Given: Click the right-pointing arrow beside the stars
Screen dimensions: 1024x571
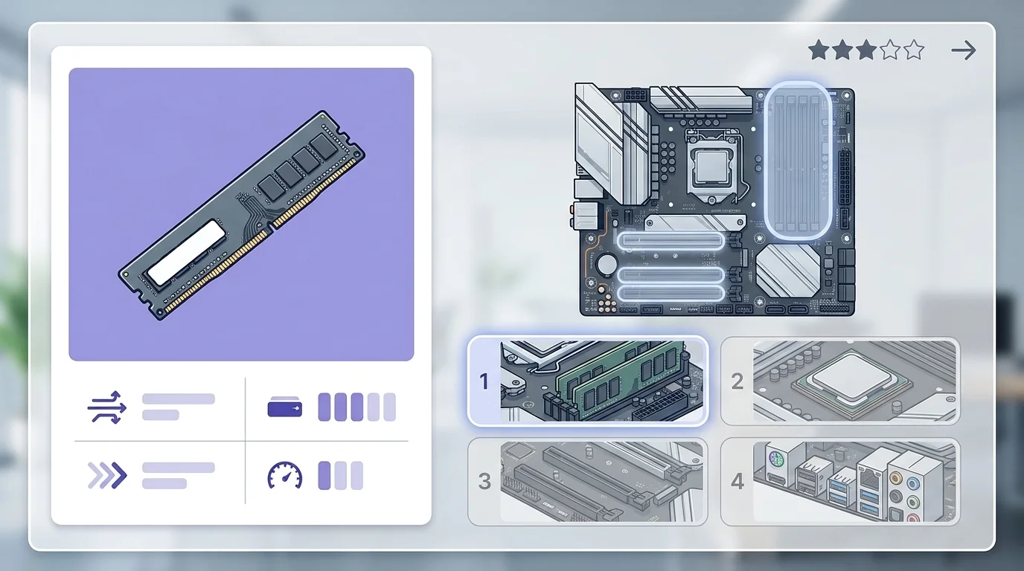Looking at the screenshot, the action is [x=964, y=51].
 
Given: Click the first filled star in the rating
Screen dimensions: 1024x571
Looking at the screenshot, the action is [x=819, y=51].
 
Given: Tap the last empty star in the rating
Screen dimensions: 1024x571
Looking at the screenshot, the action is [x=913, y=51].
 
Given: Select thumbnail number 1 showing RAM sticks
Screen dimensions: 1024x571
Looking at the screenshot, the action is [x=587, y=381].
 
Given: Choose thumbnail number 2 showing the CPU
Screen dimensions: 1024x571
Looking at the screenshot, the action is [x=840, y=381].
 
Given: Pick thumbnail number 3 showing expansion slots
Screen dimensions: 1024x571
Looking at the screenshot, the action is [x=587, y=482].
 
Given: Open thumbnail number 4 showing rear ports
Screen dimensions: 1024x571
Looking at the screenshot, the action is [x=840, y=482].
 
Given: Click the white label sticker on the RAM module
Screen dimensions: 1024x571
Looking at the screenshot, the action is [x=187, y=252].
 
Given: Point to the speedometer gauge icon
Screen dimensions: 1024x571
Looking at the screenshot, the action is [x=285, y=476].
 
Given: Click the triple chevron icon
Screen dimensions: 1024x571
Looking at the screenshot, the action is [x=107, y=476].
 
